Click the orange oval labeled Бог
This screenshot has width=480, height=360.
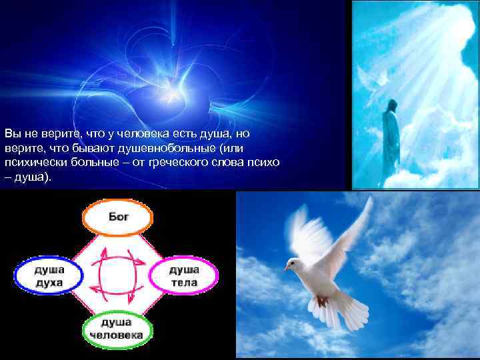[117, 218]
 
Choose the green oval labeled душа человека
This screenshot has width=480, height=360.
[117, 329]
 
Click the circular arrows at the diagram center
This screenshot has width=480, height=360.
[117, 273]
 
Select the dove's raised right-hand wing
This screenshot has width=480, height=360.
[351, 227]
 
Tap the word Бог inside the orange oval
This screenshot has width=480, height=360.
[117, 218]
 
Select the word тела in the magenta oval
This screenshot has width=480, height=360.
[184, 283]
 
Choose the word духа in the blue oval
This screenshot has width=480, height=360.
[48, 283]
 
